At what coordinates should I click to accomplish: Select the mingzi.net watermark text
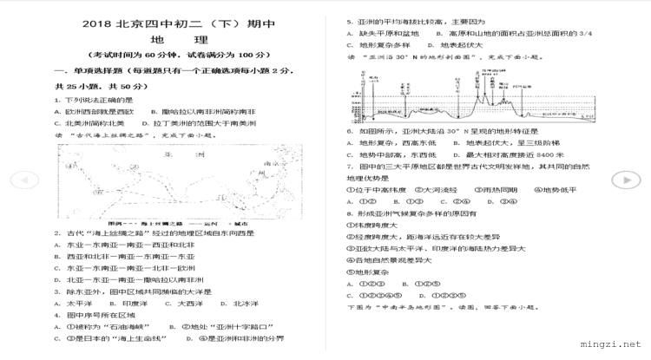coord(613,344)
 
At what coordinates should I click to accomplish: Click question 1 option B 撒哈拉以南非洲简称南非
coord(208,112)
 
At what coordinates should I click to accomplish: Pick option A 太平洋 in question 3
coord(74,304)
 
